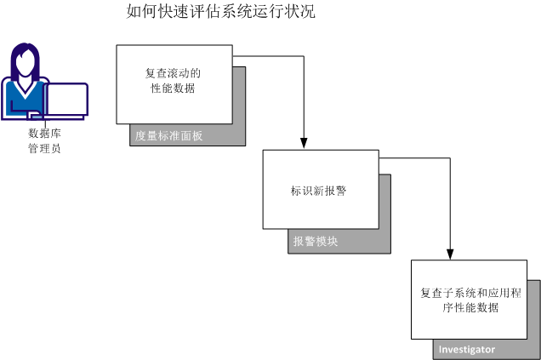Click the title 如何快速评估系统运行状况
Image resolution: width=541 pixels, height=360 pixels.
coord(219,13)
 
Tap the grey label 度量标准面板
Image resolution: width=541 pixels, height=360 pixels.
coord(168,135)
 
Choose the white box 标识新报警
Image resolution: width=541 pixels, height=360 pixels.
coord(320,189)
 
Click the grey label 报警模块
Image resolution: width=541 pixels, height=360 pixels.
coord(316,241)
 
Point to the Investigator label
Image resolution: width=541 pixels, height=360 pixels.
coord(466,350)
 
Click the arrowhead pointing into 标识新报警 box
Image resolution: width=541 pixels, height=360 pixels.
coord(304,143)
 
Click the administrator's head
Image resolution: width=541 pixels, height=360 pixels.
coord(25,60)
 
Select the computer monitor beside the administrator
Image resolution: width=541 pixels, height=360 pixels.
coord(67,100)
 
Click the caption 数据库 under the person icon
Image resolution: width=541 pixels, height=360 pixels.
coord(44,134)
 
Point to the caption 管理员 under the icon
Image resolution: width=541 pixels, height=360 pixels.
coord(44,148)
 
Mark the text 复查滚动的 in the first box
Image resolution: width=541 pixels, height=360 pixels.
coord(174,73)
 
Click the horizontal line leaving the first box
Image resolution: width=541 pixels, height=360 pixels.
coord(267,57)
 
